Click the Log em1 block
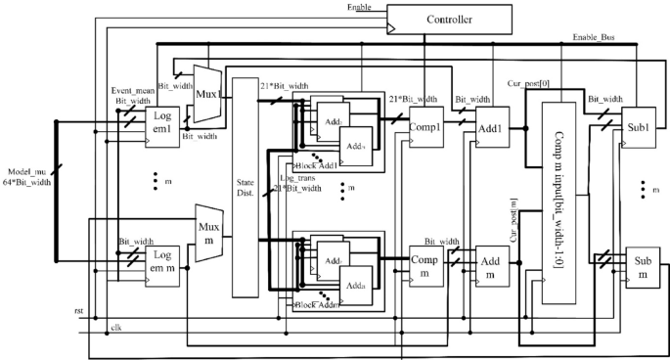click(162, 128)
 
